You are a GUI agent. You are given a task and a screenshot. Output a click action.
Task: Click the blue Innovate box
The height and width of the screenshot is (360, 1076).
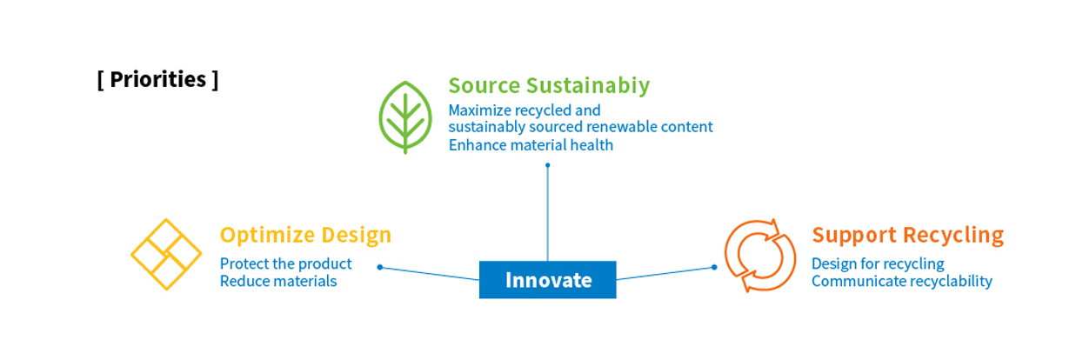coord(548,280)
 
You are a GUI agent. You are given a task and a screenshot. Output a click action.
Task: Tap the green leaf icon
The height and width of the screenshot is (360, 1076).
coord(405,117)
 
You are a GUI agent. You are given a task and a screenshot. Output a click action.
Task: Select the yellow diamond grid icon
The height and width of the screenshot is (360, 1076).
coord(166,255)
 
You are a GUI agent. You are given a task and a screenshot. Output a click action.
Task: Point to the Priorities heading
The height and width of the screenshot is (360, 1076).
coord(157,80)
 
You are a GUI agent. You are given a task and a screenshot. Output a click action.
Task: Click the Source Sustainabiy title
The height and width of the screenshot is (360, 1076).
coord(549,86)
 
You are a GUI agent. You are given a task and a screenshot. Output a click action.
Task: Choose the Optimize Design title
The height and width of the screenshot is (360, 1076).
coord(305,235)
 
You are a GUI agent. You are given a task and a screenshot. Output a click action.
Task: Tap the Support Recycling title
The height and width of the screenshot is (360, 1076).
coord(908,235)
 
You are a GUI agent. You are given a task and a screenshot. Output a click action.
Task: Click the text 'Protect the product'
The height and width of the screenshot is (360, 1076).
coord(286,263)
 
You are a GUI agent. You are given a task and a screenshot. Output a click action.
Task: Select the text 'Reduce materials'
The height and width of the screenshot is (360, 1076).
coord(278,281)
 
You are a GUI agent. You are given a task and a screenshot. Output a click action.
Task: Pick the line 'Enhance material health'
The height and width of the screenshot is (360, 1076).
coord(531,145)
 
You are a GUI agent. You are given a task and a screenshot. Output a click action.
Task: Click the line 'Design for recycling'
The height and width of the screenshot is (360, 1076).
coord(878,264)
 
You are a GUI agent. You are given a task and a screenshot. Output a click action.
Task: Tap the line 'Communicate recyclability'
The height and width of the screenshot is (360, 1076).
coord(902,281)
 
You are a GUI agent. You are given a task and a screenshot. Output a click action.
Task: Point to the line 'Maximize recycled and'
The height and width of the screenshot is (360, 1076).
coord(525,110)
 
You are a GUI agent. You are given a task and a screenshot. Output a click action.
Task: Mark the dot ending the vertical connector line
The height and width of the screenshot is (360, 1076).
coord(548,165)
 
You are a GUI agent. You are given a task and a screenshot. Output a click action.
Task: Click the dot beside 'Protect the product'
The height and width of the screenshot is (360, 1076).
coord(380,267)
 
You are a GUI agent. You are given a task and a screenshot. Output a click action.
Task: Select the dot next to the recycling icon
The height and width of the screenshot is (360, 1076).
coord(714,267)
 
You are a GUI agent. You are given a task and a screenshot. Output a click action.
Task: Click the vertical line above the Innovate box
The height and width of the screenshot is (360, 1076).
coord(548,213)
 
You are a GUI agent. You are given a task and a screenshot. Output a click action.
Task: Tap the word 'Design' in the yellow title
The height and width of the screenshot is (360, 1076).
coord(357,235)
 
